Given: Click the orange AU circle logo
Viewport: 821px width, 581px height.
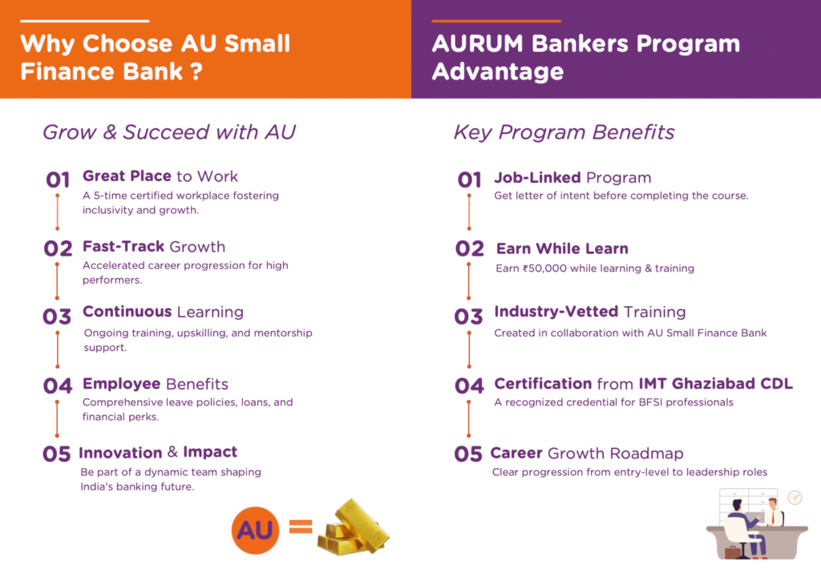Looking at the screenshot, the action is pyautogui.click(x=255, y=531).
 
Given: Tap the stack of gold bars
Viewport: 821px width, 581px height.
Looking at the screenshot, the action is pyautogui.click(x=354, y=527).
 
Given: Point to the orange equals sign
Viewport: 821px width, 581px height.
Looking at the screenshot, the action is pyautogui.click(x=301, y=527).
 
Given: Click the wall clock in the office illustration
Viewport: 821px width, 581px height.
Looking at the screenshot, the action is pyautogui.click(x=795, y=497).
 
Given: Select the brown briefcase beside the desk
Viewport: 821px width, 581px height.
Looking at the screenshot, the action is pyautogui.click(x=732, y=551).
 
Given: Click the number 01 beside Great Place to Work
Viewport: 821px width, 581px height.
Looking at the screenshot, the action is pyautogui.click(x=58, y=180).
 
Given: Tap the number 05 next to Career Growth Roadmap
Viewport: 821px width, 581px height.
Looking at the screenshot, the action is pyautogui.click(x=468, y=454).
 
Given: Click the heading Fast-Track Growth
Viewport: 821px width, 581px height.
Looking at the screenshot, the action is pyautogui.click(x=154, y=247).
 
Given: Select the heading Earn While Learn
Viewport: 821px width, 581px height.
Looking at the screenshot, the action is pyautogui.click(x=562, y=248).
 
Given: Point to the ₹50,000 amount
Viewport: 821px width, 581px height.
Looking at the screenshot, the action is pyautogui.click(x=544, y=268).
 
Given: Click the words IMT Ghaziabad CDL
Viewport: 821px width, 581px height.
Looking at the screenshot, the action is pyautogui.click(x=716, y=384).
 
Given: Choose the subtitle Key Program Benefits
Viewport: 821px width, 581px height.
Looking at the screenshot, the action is pyautogui.click(x=564, y=132).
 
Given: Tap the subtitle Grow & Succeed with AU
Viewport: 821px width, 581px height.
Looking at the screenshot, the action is pyautogui.click(x=169, y=132).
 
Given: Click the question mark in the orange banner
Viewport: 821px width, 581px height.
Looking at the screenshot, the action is pyautogui.click(x=196, y=71).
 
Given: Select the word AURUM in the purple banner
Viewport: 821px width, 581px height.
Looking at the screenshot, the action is pyautogui.click(x=478, y=43).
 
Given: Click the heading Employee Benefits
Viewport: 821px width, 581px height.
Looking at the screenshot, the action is pyautogui.click(x=156, y=384).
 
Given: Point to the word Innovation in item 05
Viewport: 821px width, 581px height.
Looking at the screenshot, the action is pyautogui.click(x=120, y=453).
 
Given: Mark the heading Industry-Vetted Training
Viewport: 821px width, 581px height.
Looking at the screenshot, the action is pyautogui.click(x=590, y=312).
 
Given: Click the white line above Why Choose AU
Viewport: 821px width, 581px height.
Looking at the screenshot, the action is pyautogui.click(x=85, y=21).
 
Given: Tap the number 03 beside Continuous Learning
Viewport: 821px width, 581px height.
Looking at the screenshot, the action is pyautogui.click(x=57, y=317).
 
